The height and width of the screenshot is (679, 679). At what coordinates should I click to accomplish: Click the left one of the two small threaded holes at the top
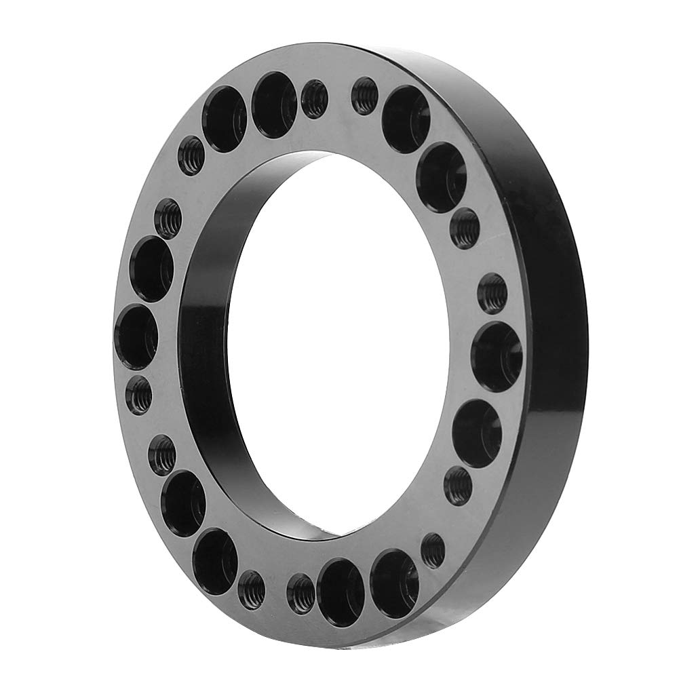click(x=313, y=98)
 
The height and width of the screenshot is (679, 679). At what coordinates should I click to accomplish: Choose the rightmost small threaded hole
click(x=492, y=294)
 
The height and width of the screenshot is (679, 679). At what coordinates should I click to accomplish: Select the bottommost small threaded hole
click(x=301, y=591)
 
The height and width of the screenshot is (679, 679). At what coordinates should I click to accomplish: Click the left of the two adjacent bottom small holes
click(x=252, y=589)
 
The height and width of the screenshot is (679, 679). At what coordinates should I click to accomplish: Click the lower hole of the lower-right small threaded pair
click(x=433, y=550)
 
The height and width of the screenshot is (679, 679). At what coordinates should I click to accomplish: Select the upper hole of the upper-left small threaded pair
click(x=191, y=155)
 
